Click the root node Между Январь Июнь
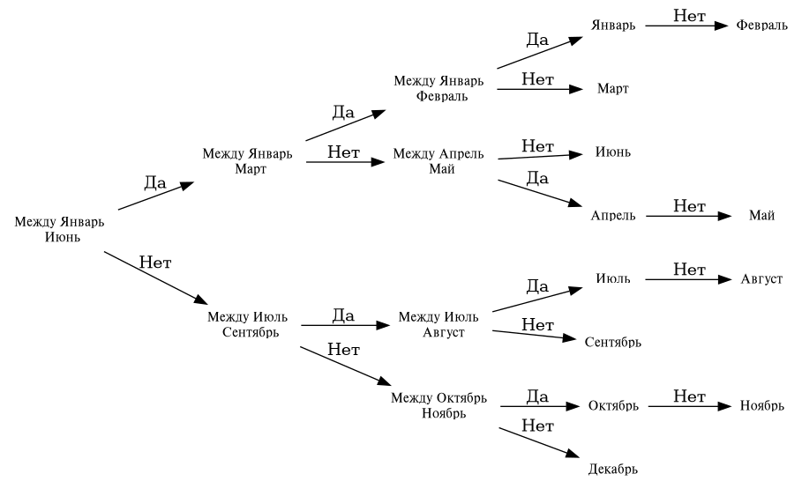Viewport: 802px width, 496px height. pos(60,229)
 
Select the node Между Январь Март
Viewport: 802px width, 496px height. pos(247,161)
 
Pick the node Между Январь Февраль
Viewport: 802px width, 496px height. pos(438,89)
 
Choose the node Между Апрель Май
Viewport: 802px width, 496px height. pos(438,161)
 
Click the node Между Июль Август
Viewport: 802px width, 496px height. pos(438,324)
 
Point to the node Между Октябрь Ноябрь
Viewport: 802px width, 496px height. pos(438,405)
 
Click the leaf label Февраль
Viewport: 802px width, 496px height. pos(762,26)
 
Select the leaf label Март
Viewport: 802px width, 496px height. pos(612,89)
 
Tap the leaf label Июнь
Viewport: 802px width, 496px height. pos(612,152)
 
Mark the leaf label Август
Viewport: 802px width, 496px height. pos(761,279)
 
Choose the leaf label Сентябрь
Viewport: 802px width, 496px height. pos(613,341)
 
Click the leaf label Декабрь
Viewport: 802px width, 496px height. pos(612,468)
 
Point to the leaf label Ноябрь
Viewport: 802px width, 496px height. pos(762,406)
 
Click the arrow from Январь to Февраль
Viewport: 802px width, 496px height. pos(688,26)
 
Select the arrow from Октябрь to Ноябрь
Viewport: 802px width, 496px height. pos(688,406)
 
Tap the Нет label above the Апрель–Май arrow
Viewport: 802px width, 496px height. pos(689,206)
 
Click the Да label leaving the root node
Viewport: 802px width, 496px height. pos(155,182)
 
